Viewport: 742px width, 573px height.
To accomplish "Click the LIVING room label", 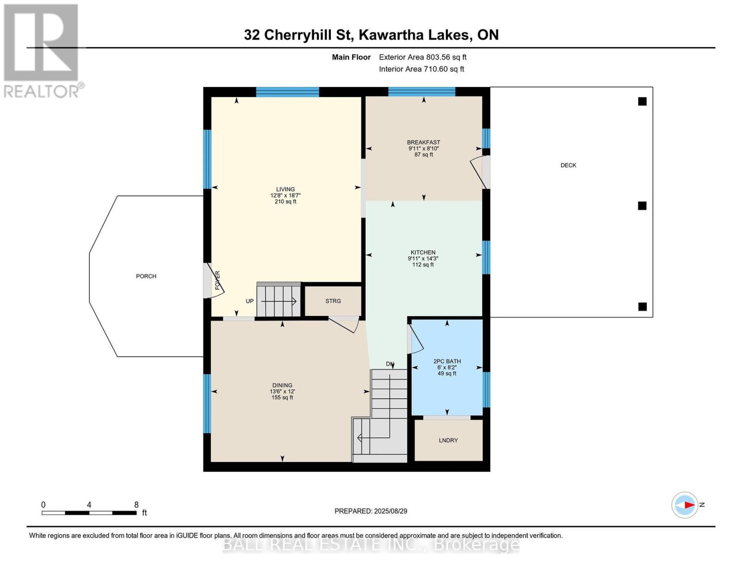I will coord(285,190).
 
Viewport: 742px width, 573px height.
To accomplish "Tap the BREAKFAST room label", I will coord(423,142).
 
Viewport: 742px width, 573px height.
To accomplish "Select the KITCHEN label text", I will coord(423,253).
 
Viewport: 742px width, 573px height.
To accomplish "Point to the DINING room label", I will coord(282,385).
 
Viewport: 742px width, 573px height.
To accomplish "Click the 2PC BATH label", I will coord(447,361).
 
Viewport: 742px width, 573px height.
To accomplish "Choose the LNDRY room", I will coord(448,440).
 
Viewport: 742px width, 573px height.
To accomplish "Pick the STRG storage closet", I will coord(333,301).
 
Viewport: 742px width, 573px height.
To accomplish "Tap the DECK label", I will coord(568,165).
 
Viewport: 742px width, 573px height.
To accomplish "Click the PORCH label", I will coord(146,276).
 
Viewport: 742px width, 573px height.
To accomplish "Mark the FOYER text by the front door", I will coord(218,280).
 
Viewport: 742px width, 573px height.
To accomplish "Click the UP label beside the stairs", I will coord(250,301).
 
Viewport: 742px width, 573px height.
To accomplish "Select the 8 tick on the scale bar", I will coord(136,505).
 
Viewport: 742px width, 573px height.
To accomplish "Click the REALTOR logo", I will coord(42,50).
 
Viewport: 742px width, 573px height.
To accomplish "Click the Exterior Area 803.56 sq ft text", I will coord(423,57).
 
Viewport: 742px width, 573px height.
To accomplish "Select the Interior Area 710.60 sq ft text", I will coord(421,69).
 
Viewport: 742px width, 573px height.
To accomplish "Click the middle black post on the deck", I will coord(642,206).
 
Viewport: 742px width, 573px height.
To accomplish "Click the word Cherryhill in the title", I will coord(307,35).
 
